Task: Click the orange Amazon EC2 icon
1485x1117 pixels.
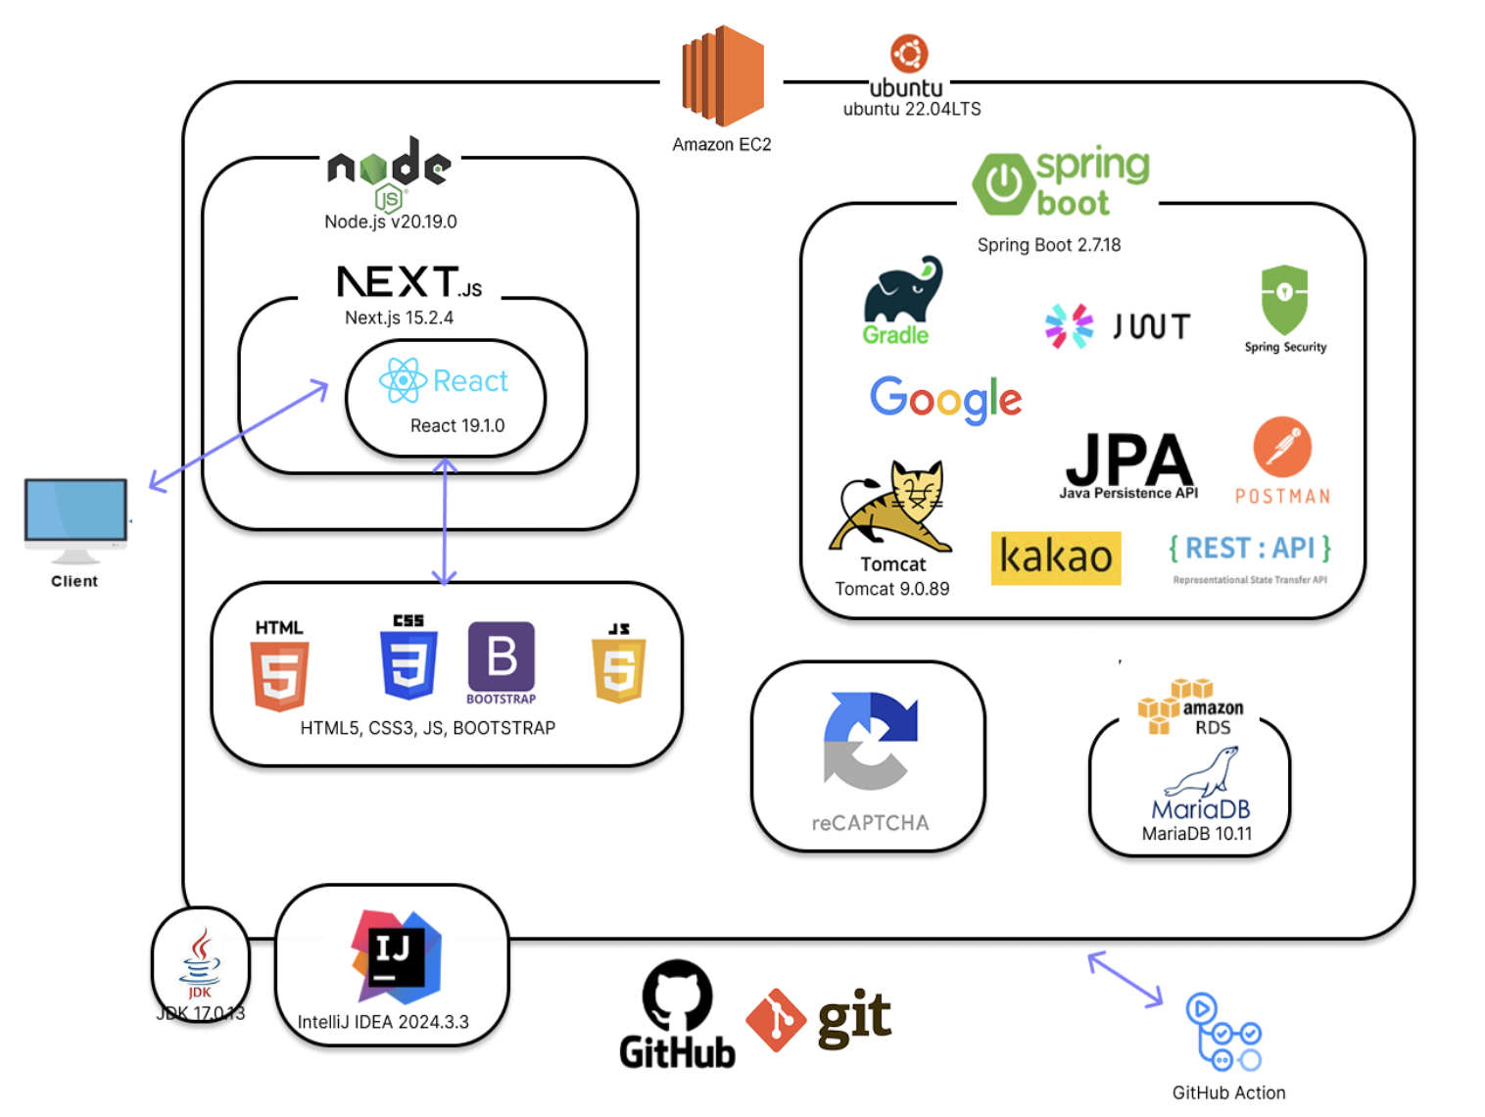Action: tap(723, 76)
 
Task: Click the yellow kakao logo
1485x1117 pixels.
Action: tap(1056, 558)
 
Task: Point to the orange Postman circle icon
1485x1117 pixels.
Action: tap(1282, 448)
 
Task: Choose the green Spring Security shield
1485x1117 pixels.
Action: tap(1284, 300)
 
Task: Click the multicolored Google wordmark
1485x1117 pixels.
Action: tap(945, 399)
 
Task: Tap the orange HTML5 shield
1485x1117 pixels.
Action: tap(280, 675)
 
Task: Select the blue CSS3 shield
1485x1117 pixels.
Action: tap(408, 665)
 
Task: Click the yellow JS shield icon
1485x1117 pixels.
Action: tap(618, 670)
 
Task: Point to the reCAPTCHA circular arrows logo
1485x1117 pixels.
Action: tap(870, 741)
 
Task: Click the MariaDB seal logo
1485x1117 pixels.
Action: tap(1202, 773)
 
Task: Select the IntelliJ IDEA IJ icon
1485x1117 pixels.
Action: tap(397, 956)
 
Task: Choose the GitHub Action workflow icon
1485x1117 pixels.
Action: tap(1222, 1033)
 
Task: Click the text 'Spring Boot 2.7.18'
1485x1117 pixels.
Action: tap(1048, 245)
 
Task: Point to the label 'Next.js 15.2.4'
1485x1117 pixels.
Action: tap(399, 317)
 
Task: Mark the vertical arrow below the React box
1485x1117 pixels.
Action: tap(445, 521)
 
